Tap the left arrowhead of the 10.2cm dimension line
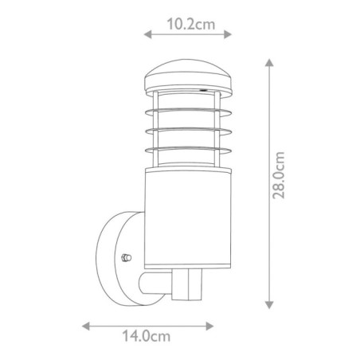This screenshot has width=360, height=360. [146, 34]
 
